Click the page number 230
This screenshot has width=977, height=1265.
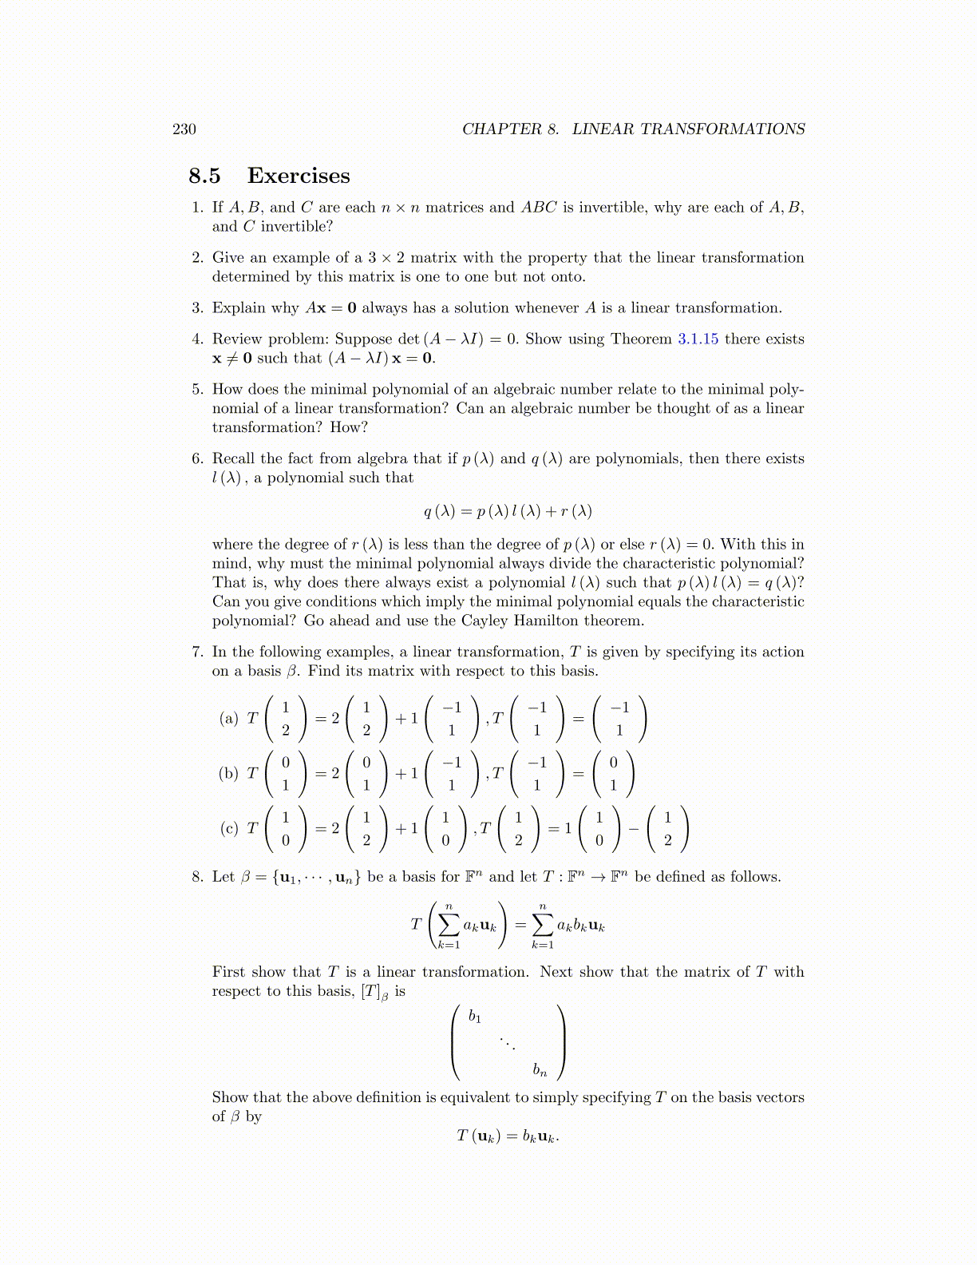coord(184,129)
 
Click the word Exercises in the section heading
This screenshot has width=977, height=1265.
coord(299,176)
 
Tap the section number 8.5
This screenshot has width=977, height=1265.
coord(205,176)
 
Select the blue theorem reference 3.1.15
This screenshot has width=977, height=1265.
coord(698,339)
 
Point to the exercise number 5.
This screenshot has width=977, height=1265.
coord(198,390)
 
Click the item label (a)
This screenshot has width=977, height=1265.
coord(229,718)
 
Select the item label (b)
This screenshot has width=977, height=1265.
coord(229,773)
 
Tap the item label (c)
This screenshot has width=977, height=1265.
coord(229,828)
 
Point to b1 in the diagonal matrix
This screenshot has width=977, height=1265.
coord(475,1017)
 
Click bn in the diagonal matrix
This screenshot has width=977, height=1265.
coord(540,1069)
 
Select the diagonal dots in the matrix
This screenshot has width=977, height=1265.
coord(508,1043)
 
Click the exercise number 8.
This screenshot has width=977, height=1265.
coord(198,877)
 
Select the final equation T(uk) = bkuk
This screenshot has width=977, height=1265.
coord(508,1136)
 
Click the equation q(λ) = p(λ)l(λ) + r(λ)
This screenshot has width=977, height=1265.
coord(508,511)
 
